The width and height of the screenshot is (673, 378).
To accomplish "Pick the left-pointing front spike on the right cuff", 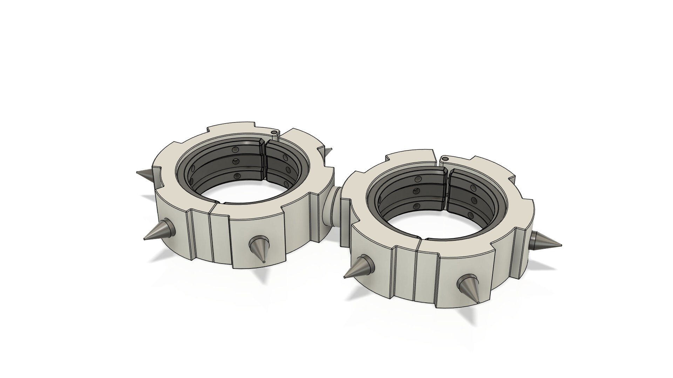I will click(x=359, y=267).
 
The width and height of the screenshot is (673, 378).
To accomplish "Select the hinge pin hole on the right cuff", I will click(x=446, y=159).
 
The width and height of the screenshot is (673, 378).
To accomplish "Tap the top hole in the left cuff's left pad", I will click(x=235, y=149).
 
